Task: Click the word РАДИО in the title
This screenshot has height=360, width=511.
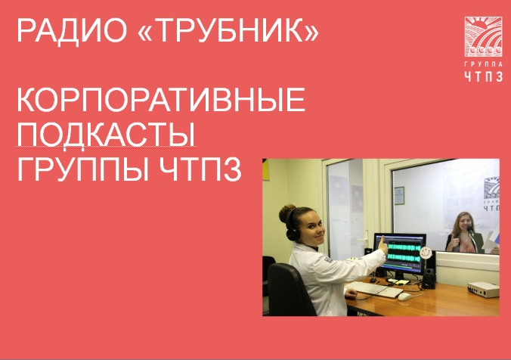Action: (x=72, y=31)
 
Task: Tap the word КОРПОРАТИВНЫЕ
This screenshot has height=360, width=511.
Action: (x=161, y=100)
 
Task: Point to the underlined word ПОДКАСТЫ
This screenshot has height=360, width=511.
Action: (x=107, y=135)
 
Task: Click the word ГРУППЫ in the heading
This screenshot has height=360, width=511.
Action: (x=83, y=169)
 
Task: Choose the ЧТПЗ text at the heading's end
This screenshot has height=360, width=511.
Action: (x=200, y=169)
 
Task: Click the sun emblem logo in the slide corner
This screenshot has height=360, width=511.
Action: (x=483, y=36)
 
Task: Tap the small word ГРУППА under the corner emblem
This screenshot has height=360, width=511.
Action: (x=483, y=64)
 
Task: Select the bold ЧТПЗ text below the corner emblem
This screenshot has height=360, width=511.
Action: (x=483, y=76)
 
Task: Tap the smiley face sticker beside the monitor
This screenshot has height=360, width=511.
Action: (x=425, y=252)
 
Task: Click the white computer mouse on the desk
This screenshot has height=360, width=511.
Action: (x=404, y=296)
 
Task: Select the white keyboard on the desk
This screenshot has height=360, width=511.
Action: (x=375, y=289)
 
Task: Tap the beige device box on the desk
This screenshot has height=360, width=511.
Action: (x=483, y=290)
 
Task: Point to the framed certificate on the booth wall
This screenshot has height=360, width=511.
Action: (x=399, y=195)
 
